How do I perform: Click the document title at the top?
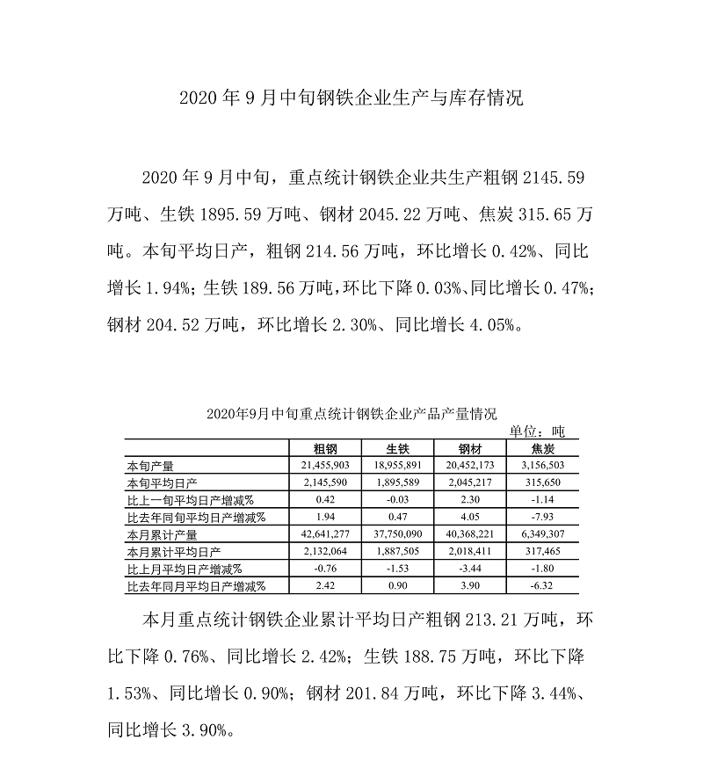point(351,98)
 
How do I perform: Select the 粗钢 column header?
point(326,449)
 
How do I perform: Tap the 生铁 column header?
point(398,449)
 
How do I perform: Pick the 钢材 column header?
point(470,449)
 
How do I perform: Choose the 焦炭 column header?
point(542,449)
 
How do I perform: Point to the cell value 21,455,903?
point(326,466)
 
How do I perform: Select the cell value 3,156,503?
point(542,466)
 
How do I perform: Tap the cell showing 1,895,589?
point(398,482)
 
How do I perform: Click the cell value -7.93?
point(542,517)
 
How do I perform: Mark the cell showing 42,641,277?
point(326,533)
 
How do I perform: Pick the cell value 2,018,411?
point(470,550)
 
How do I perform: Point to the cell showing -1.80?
point(542,568)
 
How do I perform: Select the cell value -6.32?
point(542,584)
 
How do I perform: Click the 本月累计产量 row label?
point(162,533)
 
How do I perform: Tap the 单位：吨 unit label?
point(538,432)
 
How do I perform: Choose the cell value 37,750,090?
point(398,533)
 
